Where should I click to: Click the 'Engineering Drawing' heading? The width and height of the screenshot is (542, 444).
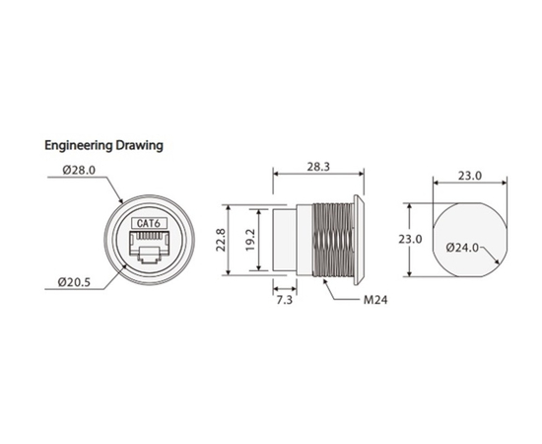tap(103, 145)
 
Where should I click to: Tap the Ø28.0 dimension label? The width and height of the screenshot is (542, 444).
tap(79, 171)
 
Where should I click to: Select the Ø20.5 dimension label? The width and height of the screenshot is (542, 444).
tap(74, 282)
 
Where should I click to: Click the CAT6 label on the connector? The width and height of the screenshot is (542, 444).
tap(149, 223)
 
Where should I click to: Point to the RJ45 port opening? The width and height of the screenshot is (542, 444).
tap(149, 247)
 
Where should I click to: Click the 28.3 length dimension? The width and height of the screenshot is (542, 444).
tap(318, 167)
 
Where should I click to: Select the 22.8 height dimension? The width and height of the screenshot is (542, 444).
tap(221, 240)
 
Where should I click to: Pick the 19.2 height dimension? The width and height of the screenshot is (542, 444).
tap(250, 240)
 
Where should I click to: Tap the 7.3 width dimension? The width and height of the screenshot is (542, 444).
tap(285, 300)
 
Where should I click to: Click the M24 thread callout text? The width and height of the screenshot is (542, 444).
tap(375, 300)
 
